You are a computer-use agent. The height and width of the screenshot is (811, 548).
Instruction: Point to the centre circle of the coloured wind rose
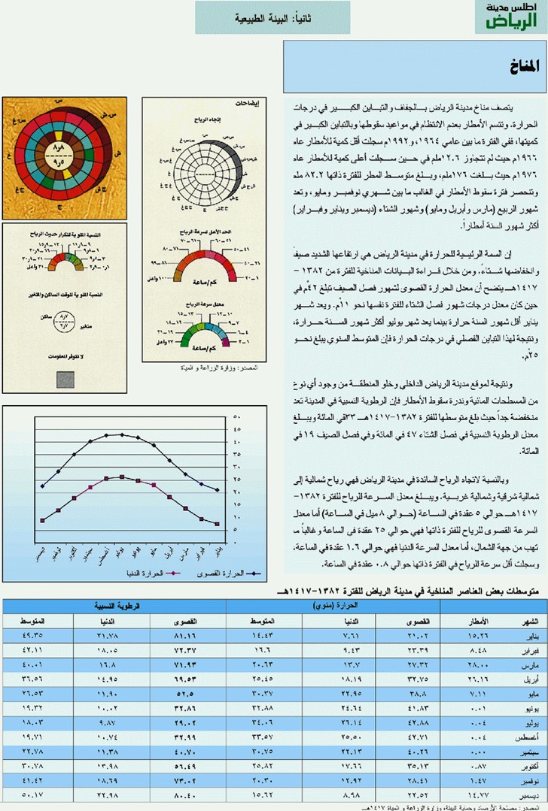(x=58, y=156)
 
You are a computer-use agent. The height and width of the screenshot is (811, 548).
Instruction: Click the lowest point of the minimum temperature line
(x=217, y=524)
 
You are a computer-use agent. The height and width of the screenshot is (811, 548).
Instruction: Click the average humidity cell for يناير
(x=33, y=635)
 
